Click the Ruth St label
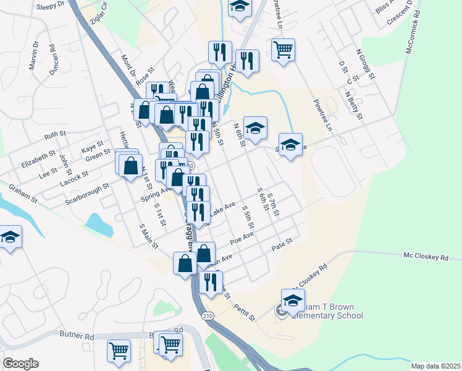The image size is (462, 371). pyautogui.click(x=54, y=135)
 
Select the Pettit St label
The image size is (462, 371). pyautogui.click(x=244, y=313)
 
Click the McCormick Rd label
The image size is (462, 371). pyautogui.click(x=413, y=30)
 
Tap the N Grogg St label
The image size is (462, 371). pyautogui.click(x=366, y=65)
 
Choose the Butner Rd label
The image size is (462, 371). pyautogui.click(x=77, y=336)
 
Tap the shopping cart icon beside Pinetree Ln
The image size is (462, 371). pyautogui.click(x=283, y=49)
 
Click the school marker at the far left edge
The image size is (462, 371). pyautogui.click(x=10, y=236)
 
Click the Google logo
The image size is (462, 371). pyautogui.click(x=20, y=364)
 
